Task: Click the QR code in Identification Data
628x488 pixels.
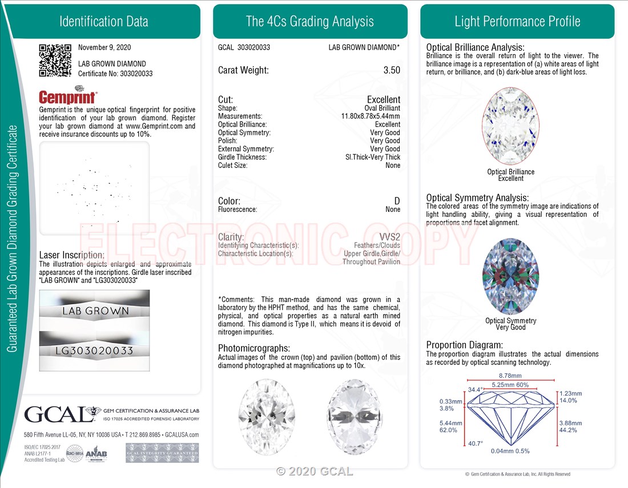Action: click(x=55, y=60)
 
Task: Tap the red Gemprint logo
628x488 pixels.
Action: click(x=68, y=96)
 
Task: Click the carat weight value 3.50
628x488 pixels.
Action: click(x=392, y=71)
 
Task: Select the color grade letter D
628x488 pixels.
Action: click(x=397, y=201)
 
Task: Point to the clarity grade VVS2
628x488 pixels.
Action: click(x=389, y=237)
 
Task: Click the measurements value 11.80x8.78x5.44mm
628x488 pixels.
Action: click(x=371, y=116)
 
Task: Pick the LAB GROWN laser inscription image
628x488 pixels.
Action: click(x=95, y=310)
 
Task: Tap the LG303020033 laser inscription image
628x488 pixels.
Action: click(x=95, y=350)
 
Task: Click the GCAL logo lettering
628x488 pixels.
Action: click(x=55, y=414)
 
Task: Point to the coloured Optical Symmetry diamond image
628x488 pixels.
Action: click(x=510, y=277)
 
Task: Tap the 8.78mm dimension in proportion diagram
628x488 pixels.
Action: click(x=510, y=376)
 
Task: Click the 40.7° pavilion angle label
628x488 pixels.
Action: click(x=476, y=443)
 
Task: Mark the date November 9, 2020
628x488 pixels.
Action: click(x=104, y=47)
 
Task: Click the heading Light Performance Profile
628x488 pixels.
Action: click(x=517, y=22)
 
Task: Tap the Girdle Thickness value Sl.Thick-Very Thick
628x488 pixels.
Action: click(x=373, y=157)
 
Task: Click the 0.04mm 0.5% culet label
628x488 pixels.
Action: click(x=510, y=451)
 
